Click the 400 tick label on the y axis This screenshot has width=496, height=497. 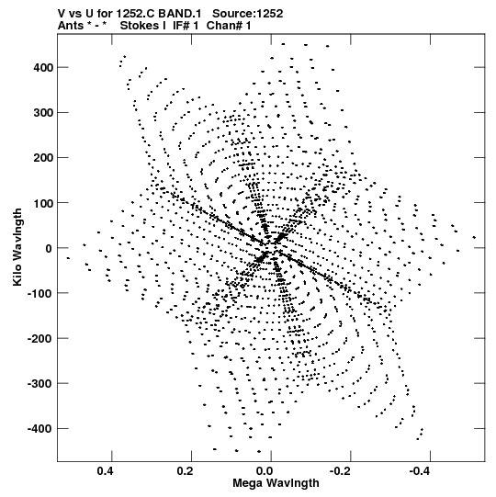click(43, 67)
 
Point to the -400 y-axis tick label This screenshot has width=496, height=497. click(40, 429)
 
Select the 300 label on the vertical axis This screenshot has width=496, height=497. click(43, 113)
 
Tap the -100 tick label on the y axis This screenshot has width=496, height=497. click(40, 293)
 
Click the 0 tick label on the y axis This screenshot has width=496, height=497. click(49, 248)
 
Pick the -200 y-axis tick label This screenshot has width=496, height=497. click(40, 339)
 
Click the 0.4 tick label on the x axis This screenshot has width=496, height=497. click(105, 471)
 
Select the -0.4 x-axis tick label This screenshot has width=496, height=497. click(419, 471)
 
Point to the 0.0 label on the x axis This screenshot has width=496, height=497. click(265, 471)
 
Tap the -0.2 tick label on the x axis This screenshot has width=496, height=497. click(340, 471)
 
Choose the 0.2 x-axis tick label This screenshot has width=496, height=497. click(185, 471)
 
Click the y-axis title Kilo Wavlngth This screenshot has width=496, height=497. click(17, 247)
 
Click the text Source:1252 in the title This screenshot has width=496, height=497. click(247, 14)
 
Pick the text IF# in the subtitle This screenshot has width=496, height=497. click(181, 26)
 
